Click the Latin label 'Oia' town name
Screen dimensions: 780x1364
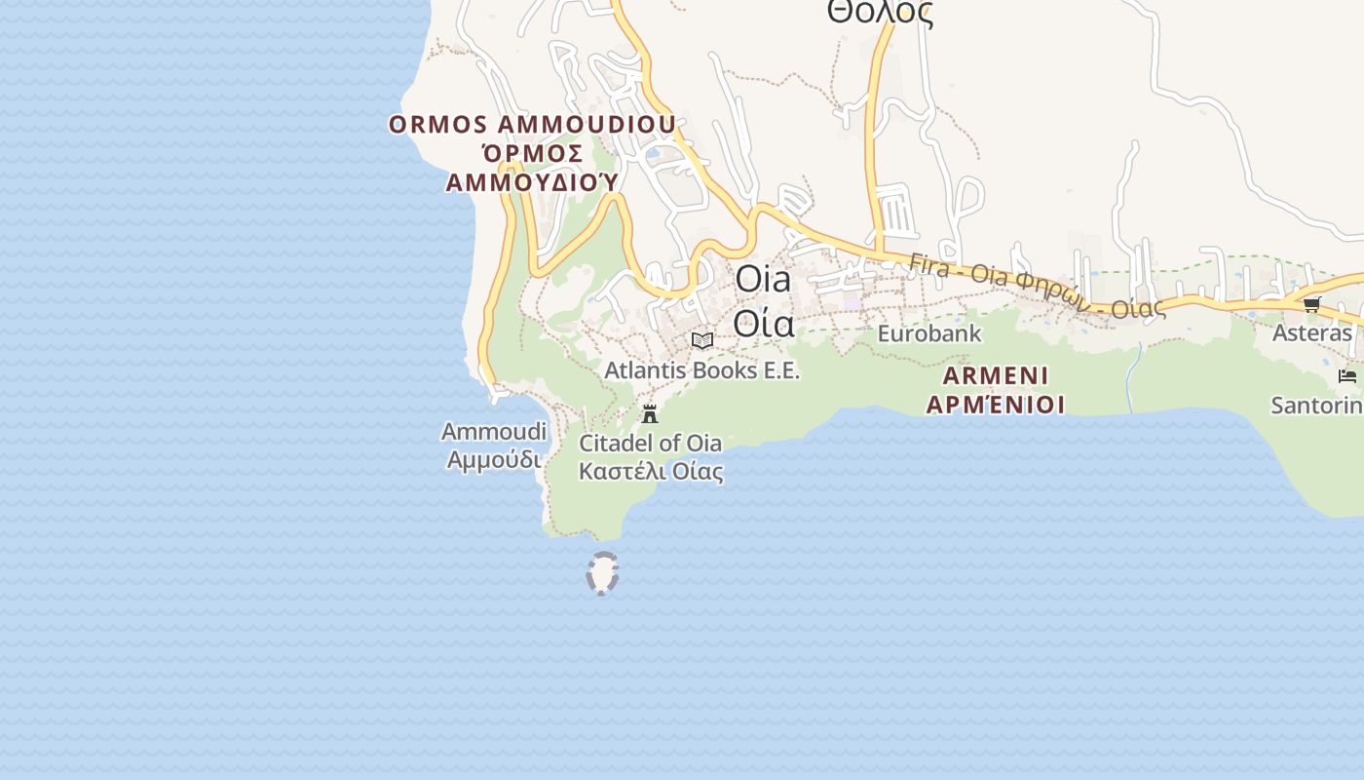(763, 279)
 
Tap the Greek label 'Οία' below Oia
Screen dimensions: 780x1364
(763, 323)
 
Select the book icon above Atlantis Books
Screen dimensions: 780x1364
(701, 340)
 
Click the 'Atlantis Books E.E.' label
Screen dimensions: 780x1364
(701, 370)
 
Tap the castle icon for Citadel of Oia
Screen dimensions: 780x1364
(650, 413)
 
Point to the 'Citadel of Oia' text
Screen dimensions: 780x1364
(651, 444)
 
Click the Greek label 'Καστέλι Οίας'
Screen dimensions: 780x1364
(651, 472)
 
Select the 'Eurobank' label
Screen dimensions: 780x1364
(929, 333)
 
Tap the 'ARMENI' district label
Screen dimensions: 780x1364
(996, 375)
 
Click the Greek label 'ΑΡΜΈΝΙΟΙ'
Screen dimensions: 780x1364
(996, 404)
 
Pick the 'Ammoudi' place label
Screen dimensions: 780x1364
(494, 431)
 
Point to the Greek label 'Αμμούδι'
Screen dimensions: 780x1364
(494, 459)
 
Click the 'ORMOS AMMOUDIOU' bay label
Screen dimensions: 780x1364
(532, 125)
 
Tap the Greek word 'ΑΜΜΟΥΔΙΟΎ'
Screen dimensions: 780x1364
(532, 182)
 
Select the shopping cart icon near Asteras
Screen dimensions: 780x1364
(1312, 304)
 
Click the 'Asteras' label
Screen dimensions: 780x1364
(1312, 333)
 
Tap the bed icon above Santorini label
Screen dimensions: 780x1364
(1347, 376)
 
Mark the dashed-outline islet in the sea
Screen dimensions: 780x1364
(603, 573)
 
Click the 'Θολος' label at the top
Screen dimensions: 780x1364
(880, 13)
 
